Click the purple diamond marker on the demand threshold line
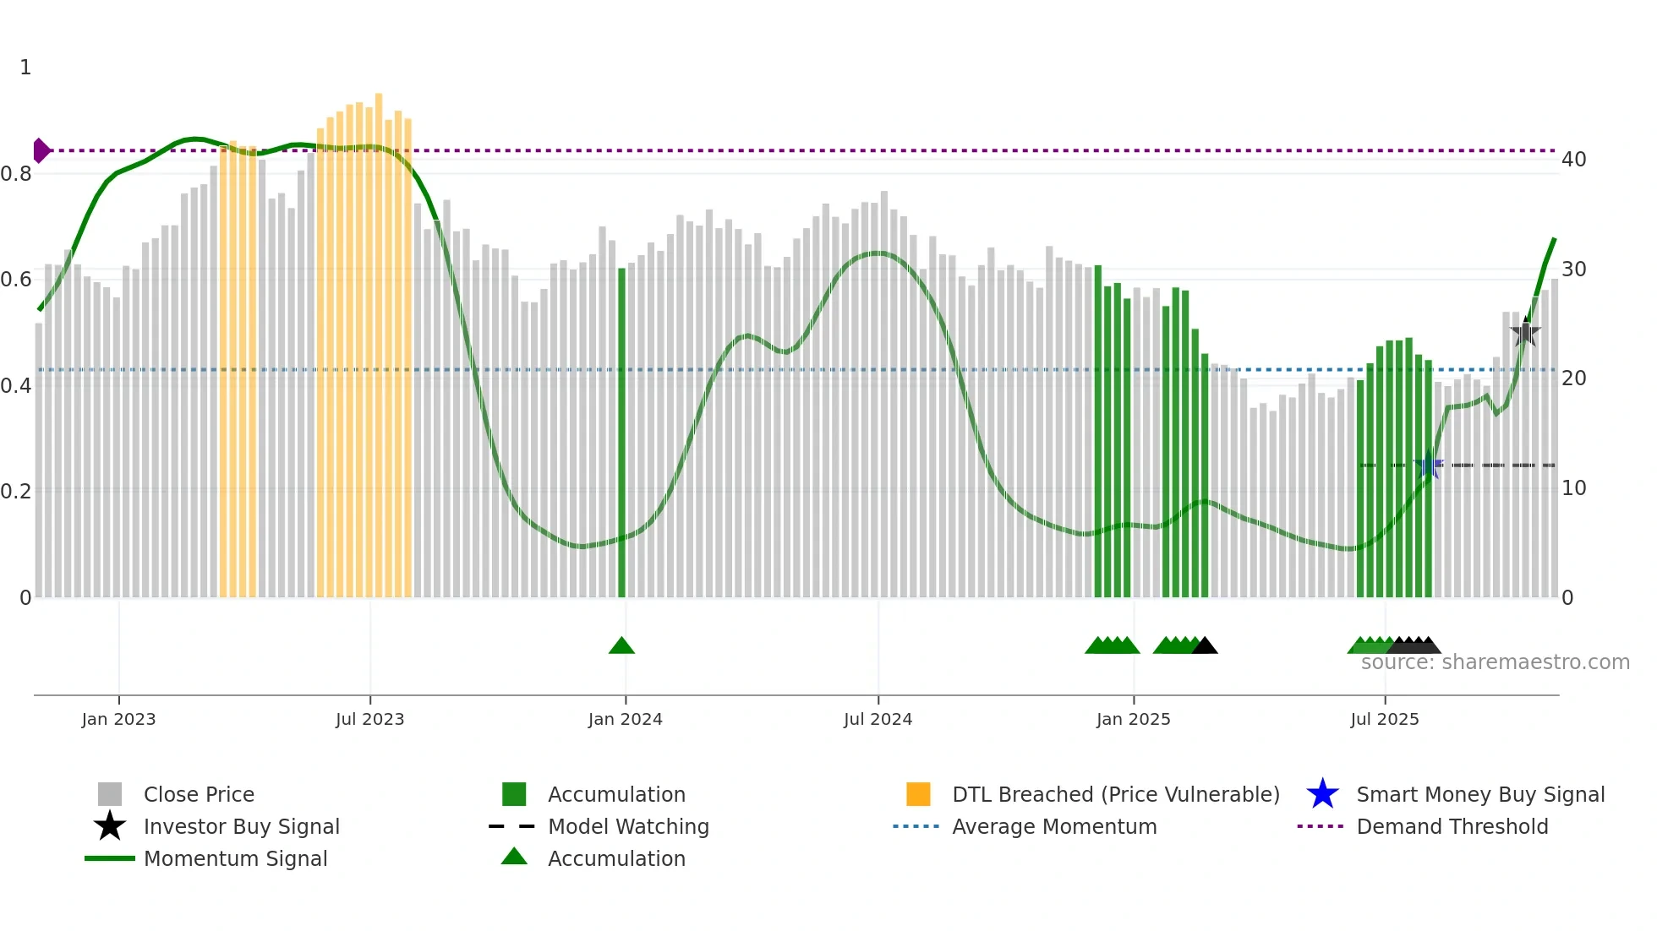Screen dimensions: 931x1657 [x=41, y=150]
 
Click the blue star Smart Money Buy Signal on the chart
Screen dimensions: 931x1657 [x=1429, y=465]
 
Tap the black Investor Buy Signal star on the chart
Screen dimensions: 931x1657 [x=1525, y=333]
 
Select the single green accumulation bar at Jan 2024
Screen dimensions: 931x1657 [x=621, y=431]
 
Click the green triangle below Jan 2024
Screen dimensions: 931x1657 [x=621, y=646]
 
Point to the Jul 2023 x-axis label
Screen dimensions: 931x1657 [x=369, y=719]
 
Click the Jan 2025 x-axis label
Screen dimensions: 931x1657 [x=1133, y=719]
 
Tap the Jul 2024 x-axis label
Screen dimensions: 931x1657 [x=878, y=719]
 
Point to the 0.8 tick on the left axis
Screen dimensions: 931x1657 [x=16, y=174]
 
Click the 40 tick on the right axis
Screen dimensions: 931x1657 [x=1573, y=159]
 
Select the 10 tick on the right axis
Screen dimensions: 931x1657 [x=1573, y=487]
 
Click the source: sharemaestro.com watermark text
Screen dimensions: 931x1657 [x=1495, y=662]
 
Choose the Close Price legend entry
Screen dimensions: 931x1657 [x=199, y=794]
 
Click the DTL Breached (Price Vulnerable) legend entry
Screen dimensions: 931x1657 [x=1115, y=794]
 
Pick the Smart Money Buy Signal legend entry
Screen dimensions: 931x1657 [x=1479, y=794]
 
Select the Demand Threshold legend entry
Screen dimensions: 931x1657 [x=1452, y=826]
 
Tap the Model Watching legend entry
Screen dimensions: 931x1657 [x=627, y=826]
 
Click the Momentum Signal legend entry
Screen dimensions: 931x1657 [x=235, y=858]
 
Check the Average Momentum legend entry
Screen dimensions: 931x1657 [x=1053, y=826]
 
